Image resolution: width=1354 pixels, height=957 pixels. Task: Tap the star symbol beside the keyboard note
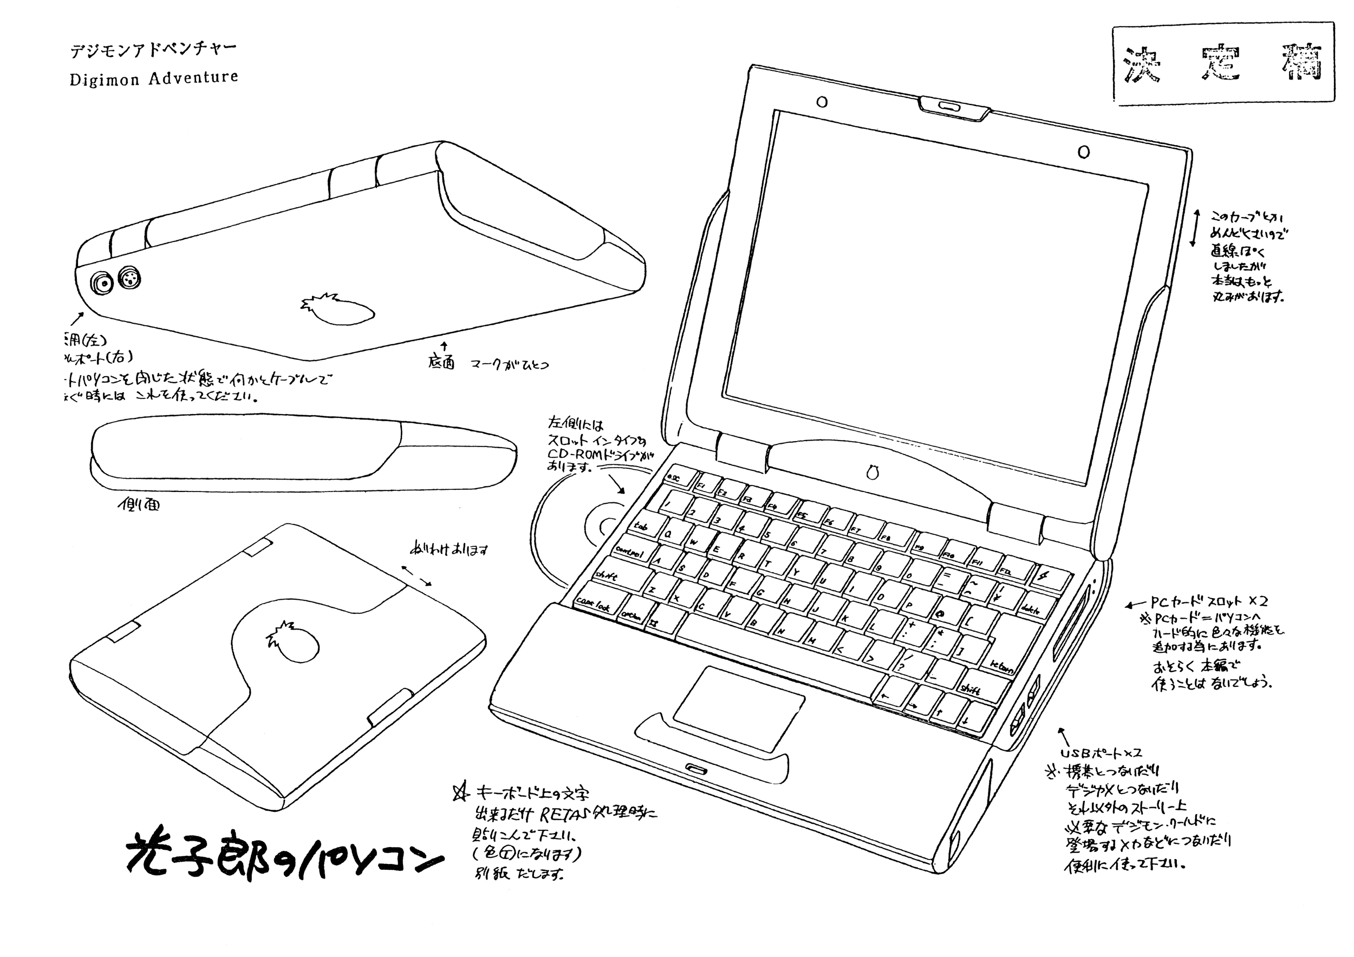click(460, 792)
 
